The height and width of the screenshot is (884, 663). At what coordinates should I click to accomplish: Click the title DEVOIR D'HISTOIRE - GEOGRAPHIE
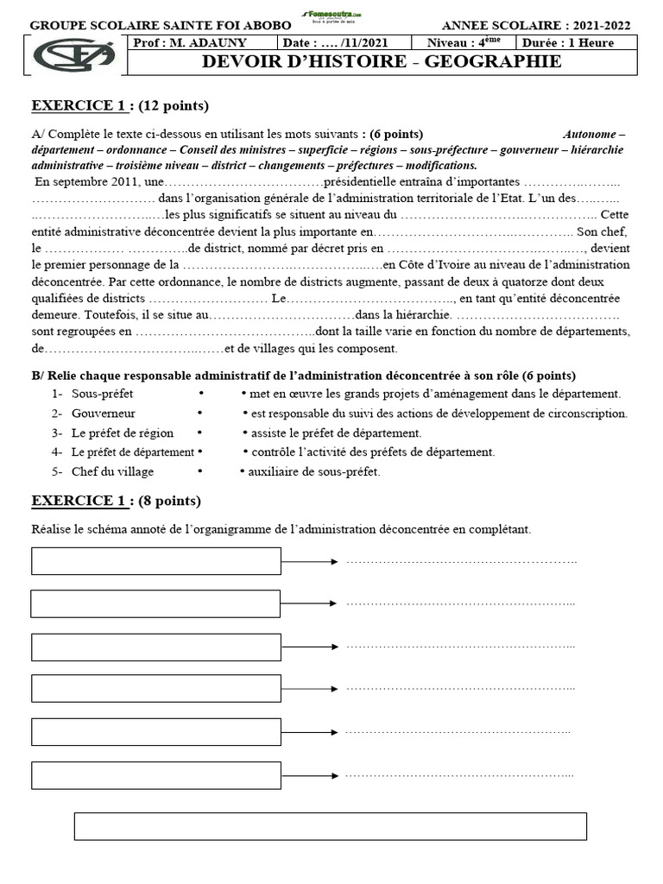tap(381, 61)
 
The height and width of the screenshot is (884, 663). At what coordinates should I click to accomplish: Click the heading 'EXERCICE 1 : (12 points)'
tap(120, 106)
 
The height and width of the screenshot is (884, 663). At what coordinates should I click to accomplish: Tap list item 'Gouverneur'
tap(103, 414)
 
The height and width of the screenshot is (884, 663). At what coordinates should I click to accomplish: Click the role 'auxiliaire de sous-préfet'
tap(313, 471)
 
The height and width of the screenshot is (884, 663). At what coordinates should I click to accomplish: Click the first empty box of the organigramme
tap(156, 561)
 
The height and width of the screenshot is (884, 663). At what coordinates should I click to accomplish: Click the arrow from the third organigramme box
tap(308, 646)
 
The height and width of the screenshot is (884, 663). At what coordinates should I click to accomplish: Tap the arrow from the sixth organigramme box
tap(308, 774)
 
